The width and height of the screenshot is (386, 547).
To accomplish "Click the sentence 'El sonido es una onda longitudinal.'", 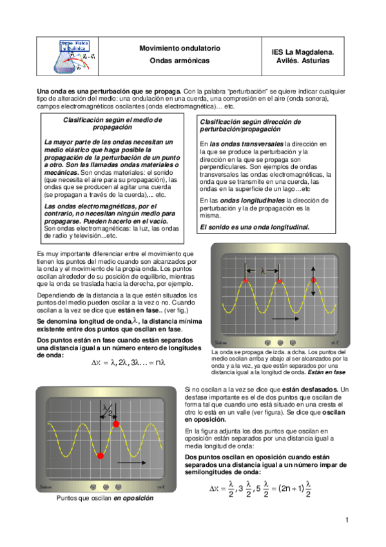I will [255, 227].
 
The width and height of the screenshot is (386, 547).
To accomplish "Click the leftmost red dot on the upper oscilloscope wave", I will [246, 282].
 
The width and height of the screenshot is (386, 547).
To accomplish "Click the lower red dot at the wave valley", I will [100, 455].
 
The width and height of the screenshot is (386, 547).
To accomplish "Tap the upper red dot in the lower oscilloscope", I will [116, 424].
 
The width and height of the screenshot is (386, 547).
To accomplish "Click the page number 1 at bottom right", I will [347, 520].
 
